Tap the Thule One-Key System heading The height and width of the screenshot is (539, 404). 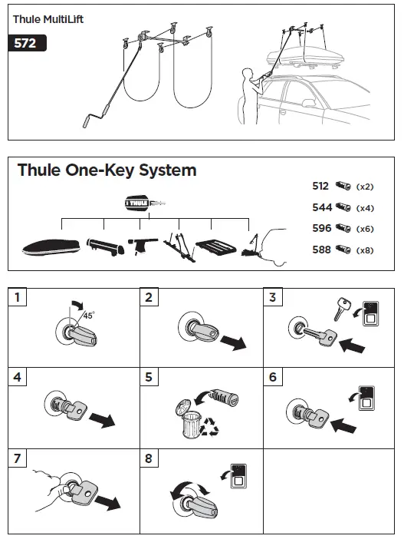(107, 170)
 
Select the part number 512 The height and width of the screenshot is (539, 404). (320, 187)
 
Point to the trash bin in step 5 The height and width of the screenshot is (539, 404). (189, 421)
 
